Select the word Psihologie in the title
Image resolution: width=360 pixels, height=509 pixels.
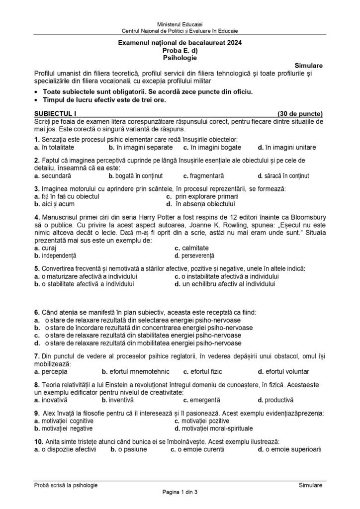click(x=180, y=58)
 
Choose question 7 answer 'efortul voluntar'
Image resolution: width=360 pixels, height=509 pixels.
click(x=283, y=371)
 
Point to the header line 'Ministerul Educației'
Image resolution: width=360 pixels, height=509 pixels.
click(x=180, y=24)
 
